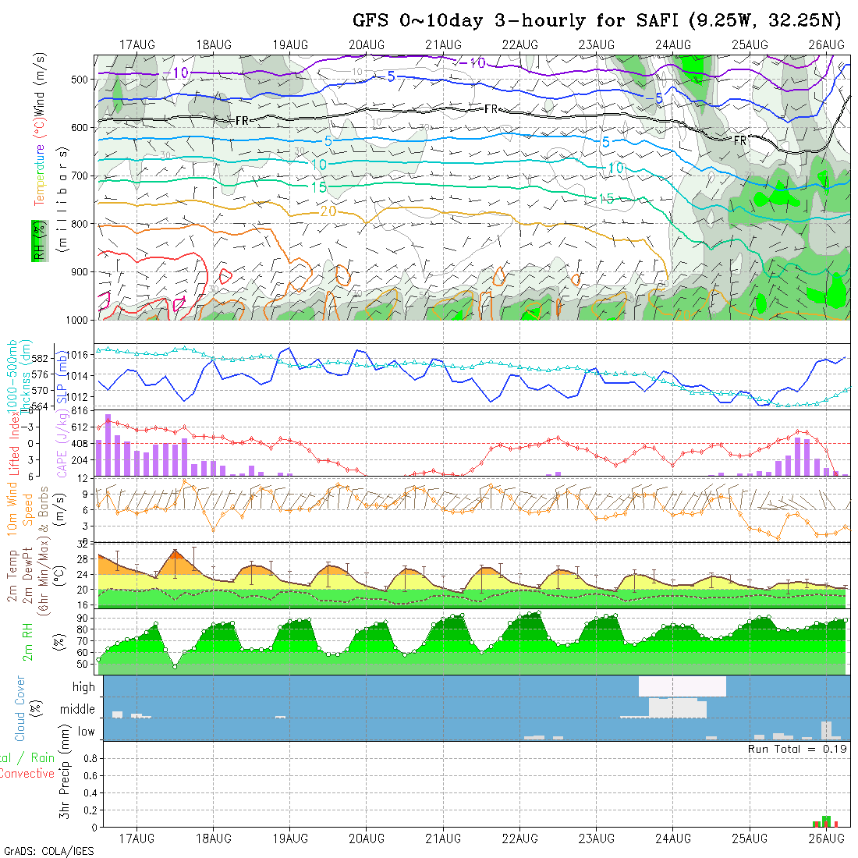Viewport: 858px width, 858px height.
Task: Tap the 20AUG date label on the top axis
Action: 367,44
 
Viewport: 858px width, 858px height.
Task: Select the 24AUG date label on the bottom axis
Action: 672,838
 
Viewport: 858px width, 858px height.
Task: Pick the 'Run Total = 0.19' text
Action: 797,749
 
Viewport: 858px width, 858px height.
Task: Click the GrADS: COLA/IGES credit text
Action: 48,851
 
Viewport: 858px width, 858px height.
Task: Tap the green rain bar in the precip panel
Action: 826,821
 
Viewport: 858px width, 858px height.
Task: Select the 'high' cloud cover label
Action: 83,687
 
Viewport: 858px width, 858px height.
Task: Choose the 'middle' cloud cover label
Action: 78,710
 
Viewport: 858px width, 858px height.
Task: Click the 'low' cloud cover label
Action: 86,732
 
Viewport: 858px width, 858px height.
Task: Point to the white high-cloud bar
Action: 682,686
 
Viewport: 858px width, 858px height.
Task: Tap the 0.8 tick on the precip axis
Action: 88,758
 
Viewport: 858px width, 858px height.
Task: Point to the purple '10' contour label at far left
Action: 180,73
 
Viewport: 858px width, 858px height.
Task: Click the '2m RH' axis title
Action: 28,640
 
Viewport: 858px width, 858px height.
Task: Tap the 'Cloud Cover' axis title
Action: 20,708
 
